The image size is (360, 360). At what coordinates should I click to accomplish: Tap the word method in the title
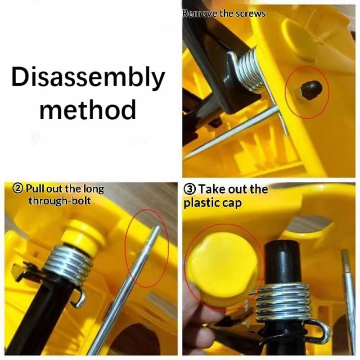pos(88,109)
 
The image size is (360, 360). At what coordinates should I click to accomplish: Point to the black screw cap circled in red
pos(310,89)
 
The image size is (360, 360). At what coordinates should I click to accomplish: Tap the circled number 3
pos(189,189)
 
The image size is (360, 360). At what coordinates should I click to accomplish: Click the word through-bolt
pos(59,201)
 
